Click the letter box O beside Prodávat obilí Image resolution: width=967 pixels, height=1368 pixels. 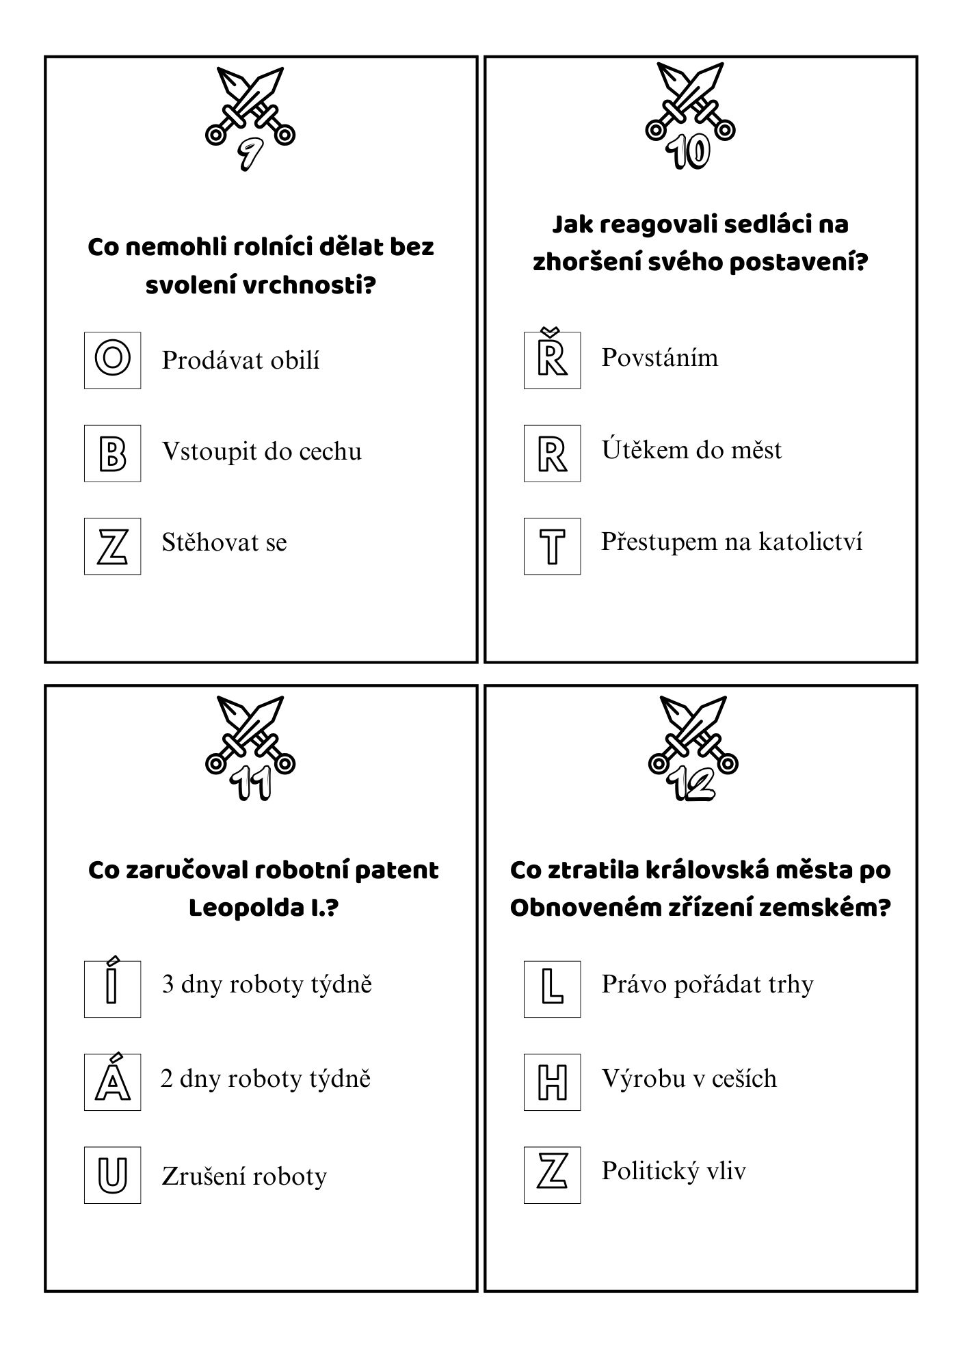pos(112,360)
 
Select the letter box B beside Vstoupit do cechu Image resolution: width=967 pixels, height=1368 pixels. pos(112,453)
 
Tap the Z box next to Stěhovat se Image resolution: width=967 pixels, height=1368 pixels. pos(112,546)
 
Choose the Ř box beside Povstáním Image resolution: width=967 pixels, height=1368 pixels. pos(552,360)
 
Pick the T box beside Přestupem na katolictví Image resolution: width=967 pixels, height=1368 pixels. pos(552,546)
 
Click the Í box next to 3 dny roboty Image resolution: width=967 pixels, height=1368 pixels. pos(112,988)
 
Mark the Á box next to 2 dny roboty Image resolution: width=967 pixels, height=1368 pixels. pos(112,1081)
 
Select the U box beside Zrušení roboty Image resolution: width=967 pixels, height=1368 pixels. pos(112,1176)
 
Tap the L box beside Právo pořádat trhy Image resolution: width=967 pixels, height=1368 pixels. pos(552,988)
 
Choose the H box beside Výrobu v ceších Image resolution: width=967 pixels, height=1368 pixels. pos(552,1081)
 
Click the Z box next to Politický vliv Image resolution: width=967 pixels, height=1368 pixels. pos(552,1176)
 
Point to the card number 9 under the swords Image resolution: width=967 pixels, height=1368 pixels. pos(250,154)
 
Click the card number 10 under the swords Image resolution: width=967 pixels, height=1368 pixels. pos(690,152)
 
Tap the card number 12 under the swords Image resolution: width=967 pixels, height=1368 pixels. pos(693,784)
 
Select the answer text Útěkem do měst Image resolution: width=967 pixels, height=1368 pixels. pos(691,450)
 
